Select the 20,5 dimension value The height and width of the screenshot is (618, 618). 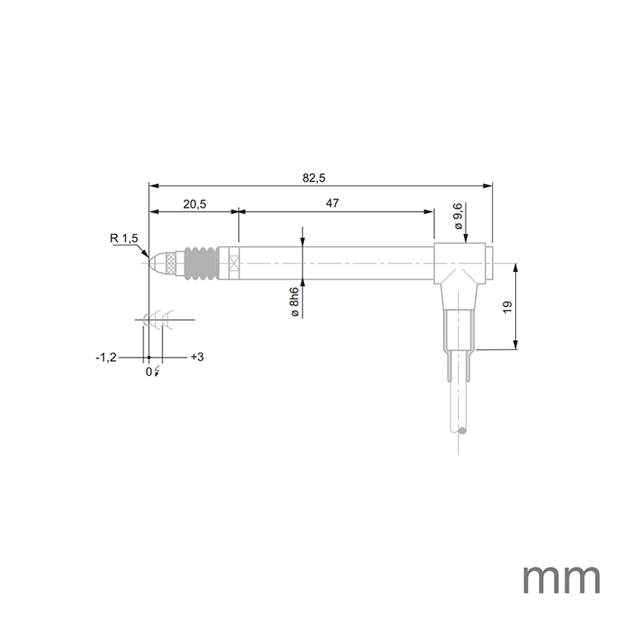(x=194, y=204)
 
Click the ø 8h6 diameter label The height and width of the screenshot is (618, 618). (x=293, y=304)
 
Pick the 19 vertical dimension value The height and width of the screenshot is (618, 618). (x=508, y=306)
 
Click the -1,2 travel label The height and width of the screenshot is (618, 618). (x=106, y=358)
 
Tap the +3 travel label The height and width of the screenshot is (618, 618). (x=197, y=358)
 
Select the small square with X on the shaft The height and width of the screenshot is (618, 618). (x=233, y=263)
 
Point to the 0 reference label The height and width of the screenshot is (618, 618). (x=149, y=372)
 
